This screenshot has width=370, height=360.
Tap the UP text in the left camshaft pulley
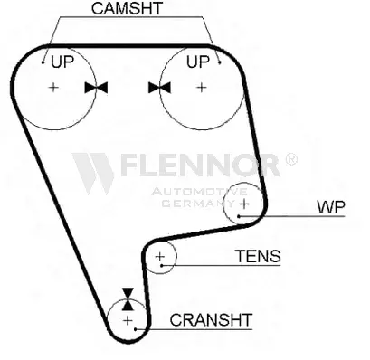point(62,62)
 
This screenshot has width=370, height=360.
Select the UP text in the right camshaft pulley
point(197,62)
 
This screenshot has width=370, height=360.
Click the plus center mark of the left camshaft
point(54,88)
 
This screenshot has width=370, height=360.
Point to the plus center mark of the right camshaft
point(201,88)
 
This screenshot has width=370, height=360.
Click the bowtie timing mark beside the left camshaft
point(95,88)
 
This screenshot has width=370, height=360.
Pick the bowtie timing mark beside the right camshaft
point(160,88)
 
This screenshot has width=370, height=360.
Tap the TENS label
point(258,256)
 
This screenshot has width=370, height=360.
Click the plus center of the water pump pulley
point(242,204)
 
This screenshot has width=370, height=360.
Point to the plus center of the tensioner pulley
point(160,259)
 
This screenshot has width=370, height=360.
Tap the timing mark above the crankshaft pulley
point(128,297)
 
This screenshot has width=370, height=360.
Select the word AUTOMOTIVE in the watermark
point(189,193)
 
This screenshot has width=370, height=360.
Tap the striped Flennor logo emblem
point(93,172)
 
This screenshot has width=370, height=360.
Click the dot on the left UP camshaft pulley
point(43,63)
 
